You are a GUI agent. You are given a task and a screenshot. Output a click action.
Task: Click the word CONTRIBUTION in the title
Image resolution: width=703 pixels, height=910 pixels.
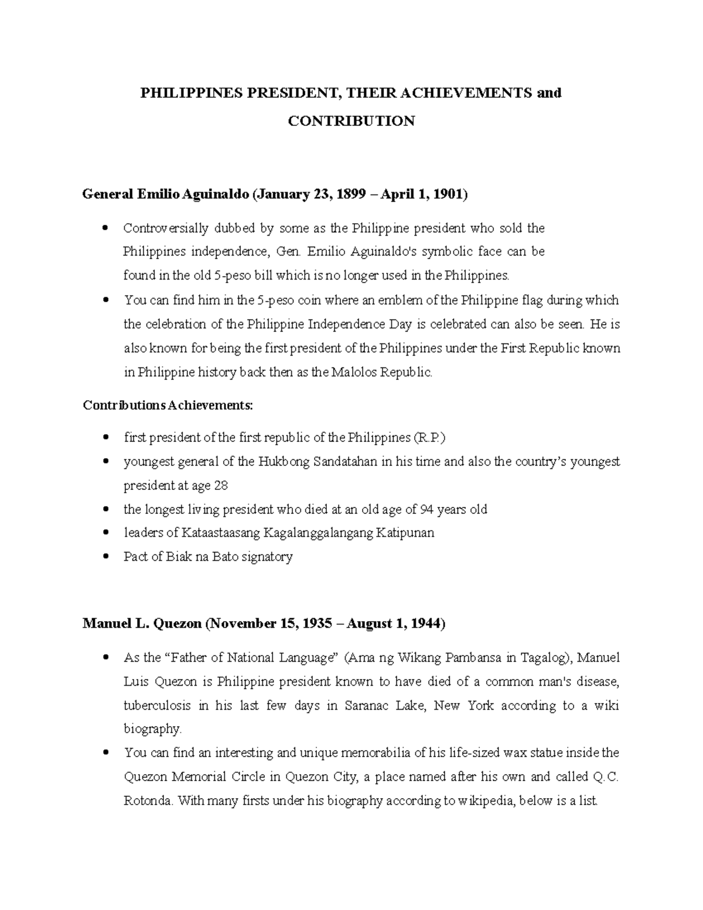click(351, 121)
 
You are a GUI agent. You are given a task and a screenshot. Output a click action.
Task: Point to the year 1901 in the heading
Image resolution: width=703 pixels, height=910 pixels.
click(446, 195)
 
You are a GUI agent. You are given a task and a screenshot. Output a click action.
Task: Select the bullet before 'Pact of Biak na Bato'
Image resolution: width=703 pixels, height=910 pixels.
click(105, 557)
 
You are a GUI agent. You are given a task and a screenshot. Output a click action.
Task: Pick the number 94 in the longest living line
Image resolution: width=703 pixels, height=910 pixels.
click(427, 509)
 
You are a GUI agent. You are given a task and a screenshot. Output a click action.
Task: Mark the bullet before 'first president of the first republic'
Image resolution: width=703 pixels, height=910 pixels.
click(105, 438)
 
